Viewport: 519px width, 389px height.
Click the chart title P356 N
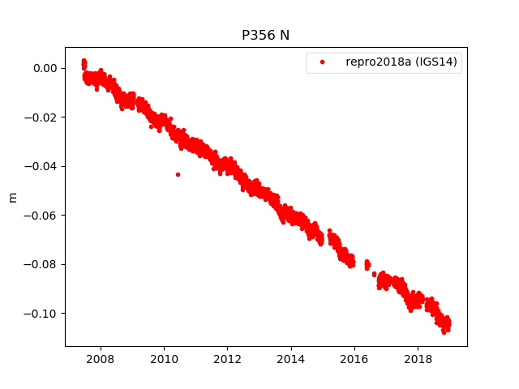[266, 36]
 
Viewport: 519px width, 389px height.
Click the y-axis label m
[12, 197]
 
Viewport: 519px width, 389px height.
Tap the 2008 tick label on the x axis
[100, 358]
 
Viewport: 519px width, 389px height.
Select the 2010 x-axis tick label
[164, 358]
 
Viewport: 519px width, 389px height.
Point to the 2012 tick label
[227, 358]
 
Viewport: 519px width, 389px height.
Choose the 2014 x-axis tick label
[291, 358]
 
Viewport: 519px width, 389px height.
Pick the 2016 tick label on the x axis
[354, 358]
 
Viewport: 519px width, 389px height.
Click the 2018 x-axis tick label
[418, 358]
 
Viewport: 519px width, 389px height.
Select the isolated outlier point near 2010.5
[178, 174]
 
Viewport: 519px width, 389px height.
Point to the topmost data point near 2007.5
[84, 61]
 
